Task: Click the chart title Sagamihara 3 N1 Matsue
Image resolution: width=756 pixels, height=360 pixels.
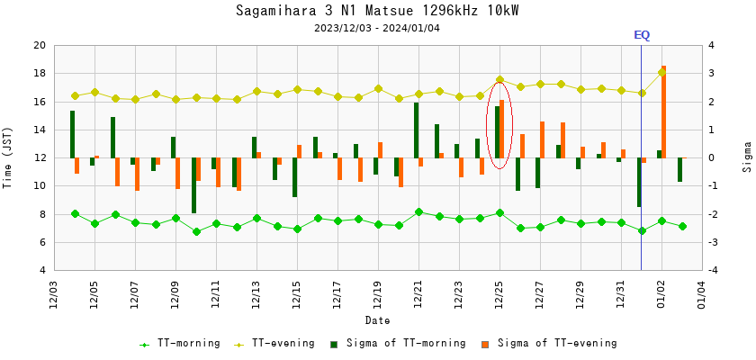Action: [x=377, y=11]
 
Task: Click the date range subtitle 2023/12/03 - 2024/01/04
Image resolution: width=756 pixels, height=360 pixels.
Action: [x=377, y=28]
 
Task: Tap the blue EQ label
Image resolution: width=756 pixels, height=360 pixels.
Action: [x=642, y=35]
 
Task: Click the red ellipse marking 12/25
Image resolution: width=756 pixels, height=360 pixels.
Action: [x=499, y=124]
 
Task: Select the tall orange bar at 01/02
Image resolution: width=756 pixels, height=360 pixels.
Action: [x=663, y=112]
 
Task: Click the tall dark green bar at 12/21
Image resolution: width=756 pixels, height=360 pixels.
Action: [x=416, y=130]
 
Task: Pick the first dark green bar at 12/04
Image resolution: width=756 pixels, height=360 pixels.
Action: [x=72, y=134]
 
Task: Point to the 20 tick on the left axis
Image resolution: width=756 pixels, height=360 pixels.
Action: [x=39, y=45]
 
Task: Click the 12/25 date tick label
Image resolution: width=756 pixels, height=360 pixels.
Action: [x=499, y=293]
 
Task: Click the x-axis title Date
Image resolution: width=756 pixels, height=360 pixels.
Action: [x=377, y=320]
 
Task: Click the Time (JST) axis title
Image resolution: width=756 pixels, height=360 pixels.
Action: [x=8, y=157]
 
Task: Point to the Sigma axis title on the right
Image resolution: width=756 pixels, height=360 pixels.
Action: [x=746, y=157]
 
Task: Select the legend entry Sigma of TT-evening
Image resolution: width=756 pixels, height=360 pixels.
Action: [x=556, y=343]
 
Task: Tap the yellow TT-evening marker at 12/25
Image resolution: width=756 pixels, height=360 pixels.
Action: [x=499, y=80]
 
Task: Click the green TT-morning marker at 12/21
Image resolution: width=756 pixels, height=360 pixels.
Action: [x=418, y=212]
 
